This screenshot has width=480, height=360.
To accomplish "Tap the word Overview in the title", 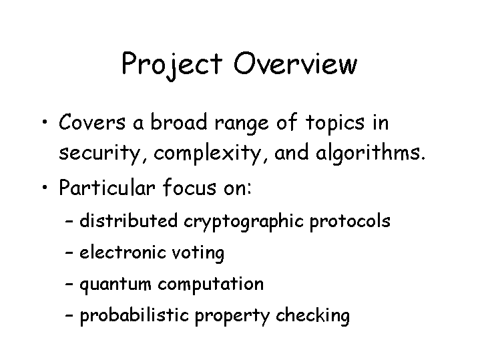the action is [295, 63].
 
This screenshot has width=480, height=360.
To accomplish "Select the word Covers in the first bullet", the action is [92, 122].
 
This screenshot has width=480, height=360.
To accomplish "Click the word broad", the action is [179, 122].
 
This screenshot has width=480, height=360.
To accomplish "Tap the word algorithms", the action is [371, 152].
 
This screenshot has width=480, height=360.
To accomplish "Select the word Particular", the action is [107, 187].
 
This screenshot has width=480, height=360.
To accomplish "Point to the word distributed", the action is [128, 220].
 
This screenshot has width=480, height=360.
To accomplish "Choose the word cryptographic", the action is [244, 222].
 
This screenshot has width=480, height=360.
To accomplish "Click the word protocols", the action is [350, 222].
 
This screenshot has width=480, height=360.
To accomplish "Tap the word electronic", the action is [123, 252].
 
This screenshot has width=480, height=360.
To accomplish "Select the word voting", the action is [198, 254].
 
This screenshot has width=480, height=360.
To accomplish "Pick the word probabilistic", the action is [134, 315].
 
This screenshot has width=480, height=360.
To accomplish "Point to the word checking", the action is [312, 315].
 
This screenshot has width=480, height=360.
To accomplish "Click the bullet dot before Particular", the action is [45, 186].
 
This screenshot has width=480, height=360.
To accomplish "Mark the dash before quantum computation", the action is [69, 283].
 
